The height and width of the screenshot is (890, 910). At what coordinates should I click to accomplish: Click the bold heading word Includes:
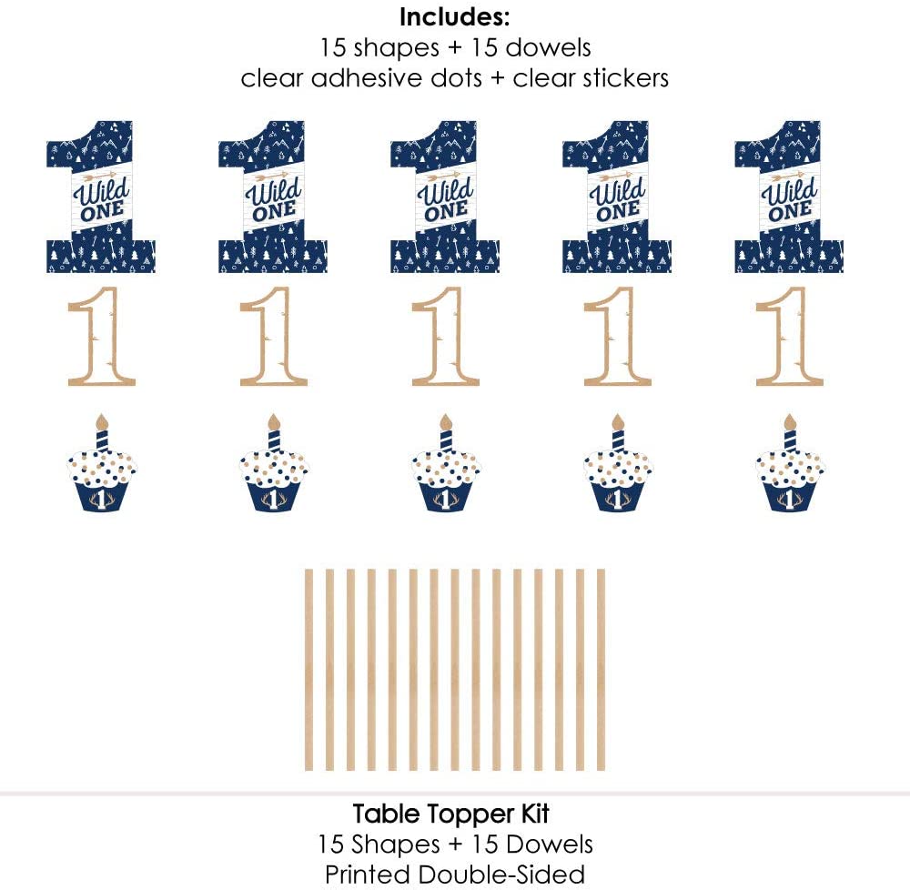tap(454, 16)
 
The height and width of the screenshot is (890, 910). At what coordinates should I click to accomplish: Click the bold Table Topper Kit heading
tap(450, 813)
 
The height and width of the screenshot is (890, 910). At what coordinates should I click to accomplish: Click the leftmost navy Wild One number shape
tap(100, 197)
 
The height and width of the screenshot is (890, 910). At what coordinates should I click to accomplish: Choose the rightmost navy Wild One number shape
tap(788, 197)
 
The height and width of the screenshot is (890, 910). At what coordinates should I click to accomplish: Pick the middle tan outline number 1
tap(446, 337)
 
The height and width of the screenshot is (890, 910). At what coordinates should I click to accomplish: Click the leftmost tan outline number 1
tap(102, 337)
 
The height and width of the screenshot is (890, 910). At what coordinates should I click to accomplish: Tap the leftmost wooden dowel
tap(309, 670)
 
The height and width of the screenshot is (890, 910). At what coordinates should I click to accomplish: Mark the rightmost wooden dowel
tap(601, 670)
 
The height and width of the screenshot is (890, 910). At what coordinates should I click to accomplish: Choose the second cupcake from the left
tap(273, 469)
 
